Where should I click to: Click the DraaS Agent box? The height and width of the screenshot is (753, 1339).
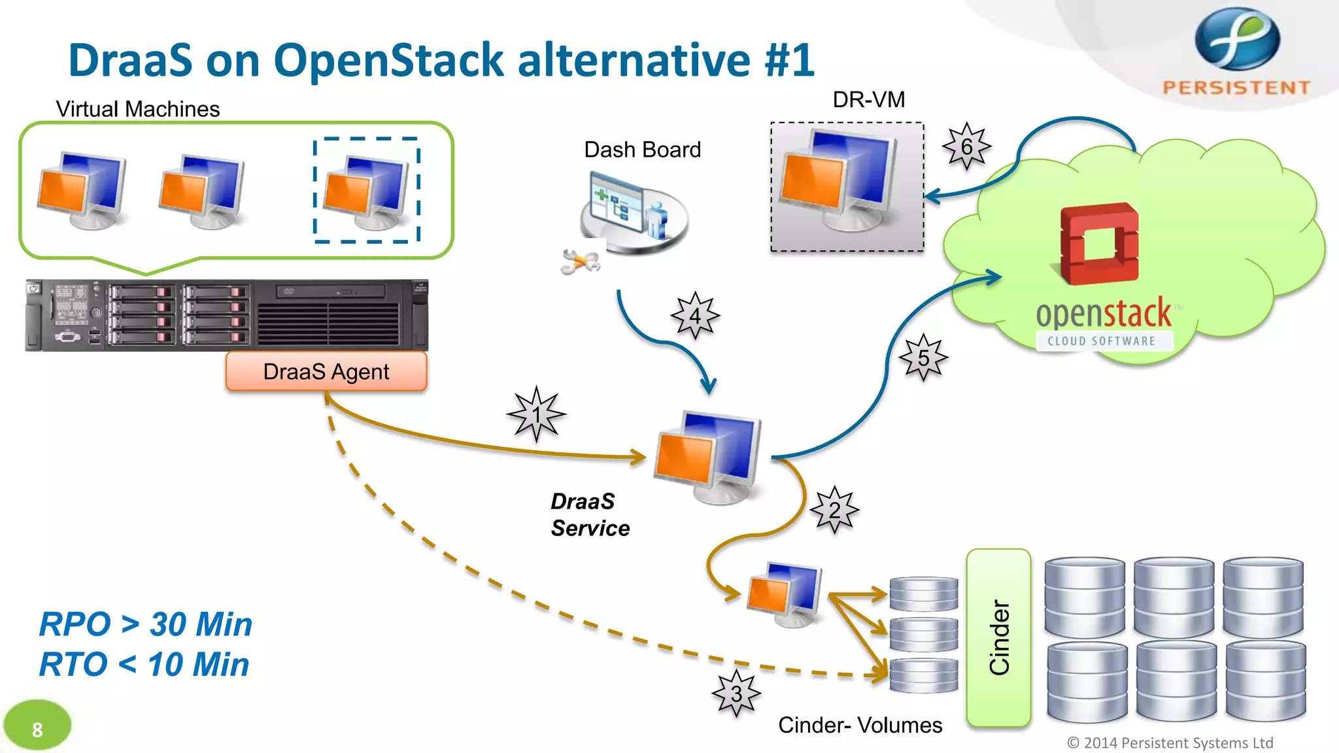(326, 371)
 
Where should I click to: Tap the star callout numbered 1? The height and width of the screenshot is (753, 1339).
(536, 414)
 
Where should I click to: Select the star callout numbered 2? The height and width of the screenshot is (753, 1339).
(835, 510)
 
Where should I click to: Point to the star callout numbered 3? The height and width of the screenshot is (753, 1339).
(736, 693)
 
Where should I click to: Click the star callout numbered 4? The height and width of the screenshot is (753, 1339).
(695, 316)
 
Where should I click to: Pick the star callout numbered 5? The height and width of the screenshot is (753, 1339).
(923, 358)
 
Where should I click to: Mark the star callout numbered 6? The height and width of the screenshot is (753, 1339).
(966, 146)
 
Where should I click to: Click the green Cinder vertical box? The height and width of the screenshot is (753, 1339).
(998, 637)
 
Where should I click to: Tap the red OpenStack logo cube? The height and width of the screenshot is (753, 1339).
(1099, 244)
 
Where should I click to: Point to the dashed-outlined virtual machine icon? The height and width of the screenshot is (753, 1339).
(367, 191)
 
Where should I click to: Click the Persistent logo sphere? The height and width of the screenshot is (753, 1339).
(1237, 39)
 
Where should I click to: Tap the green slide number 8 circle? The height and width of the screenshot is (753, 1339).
(37, 728)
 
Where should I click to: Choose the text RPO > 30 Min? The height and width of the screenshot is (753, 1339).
(146, 624)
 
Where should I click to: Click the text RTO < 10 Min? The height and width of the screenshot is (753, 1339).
(144, 664)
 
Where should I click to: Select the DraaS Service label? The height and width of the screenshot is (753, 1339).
(590, 514)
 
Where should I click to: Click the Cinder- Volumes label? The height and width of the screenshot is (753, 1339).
(860, 725)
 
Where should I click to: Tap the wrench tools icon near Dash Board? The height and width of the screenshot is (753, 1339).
(580, 261)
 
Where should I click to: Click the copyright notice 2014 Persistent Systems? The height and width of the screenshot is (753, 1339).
(1170, 743)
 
